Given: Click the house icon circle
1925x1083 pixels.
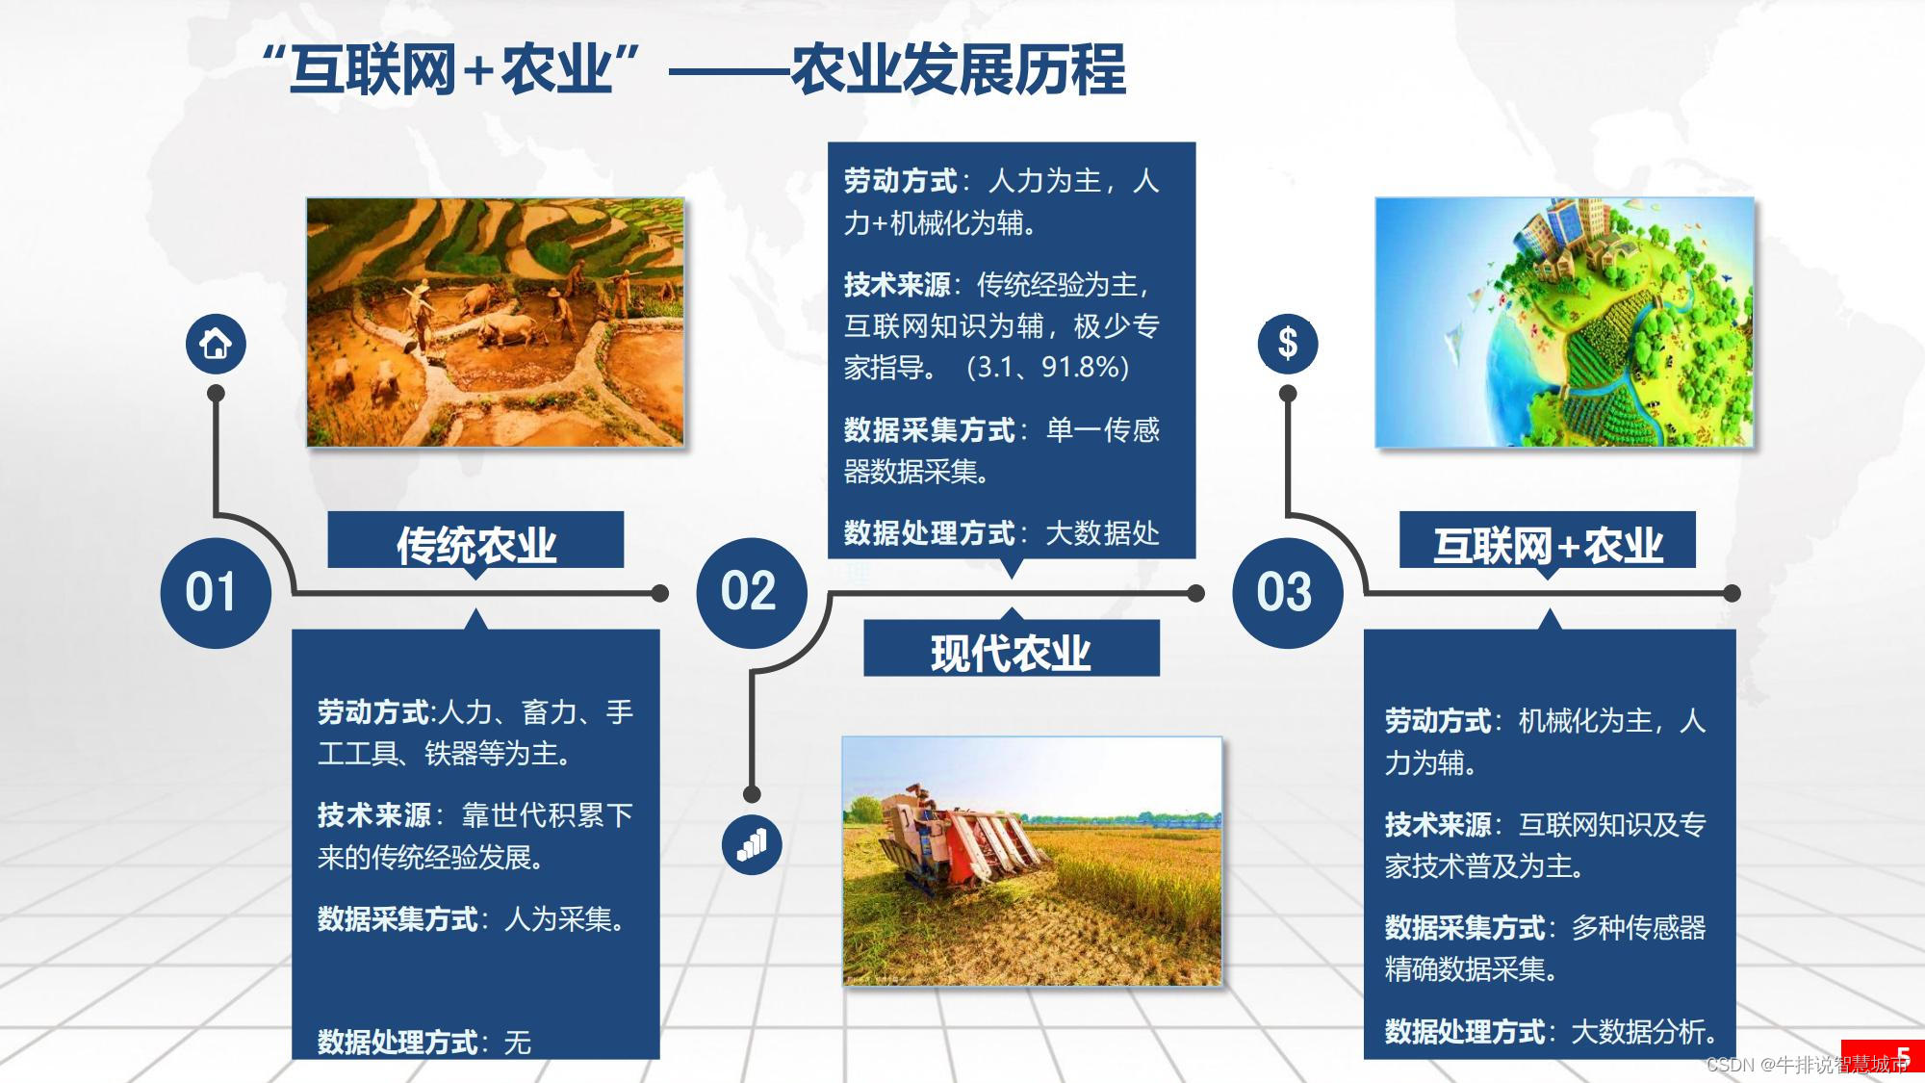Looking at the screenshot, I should click(216, 344).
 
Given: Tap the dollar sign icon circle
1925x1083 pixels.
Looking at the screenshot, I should click(1287, 344).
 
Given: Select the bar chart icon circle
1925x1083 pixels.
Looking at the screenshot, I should click(752, 844).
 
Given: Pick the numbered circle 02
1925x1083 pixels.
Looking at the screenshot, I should click(752, 592).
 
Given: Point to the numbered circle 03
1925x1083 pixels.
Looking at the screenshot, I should click(1287, 592).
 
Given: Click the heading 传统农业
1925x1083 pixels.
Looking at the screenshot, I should click(475, 544).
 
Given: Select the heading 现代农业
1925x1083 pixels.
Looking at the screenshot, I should click(1011, 653).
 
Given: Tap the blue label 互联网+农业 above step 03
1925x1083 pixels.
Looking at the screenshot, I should click(1547, 544).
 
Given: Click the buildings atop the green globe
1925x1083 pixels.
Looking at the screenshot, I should click(1564, 236).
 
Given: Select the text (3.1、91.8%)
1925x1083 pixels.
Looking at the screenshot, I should click(1047, 368).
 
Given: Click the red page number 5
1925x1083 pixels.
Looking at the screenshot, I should click(1903, 1056).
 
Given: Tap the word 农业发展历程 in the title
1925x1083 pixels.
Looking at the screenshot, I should click(958, 69).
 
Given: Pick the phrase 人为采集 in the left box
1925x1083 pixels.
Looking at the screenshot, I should click(558, 919).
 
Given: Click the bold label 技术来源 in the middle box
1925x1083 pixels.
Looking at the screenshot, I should click(897, 285).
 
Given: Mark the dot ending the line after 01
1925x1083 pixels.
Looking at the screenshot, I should click(660, 593).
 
